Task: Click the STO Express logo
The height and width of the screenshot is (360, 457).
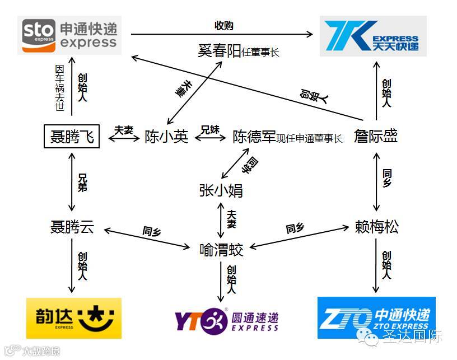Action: (x=69, y=35)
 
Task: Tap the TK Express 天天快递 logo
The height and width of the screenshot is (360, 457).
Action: (x=373, y=36)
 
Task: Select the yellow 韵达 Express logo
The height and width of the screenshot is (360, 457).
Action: (x=74, y=318)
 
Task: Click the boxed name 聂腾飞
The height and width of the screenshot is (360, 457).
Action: (x=72, y=136)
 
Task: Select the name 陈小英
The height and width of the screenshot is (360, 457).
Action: (x=166, y=137)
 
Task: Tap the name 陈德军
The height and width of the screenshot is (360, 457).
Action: (x=255, y=137)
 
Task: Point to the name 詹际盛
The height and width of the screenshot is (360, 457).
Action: (x=376, y=136)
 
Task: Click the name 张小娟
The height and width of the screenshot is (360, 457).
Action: (x=221, y=190)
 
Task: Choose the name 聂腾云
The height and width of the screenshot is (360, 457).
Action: (x=72, y=227)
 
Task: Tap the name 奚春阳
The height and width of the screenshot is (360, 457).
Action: (x=219, y=52)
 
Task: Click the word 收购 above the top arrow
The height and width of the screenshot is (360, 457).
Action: (x=223, y=26)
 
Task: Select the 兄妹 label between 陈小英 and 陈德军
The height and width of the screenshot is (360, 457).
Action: (x=210, y=130)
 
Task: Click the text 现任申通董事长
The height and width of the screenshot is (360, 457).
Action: (x=310, y=138)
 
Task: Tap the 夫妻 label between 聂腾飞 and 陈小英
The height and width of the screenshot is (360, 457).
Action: (x=124, y=130)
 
